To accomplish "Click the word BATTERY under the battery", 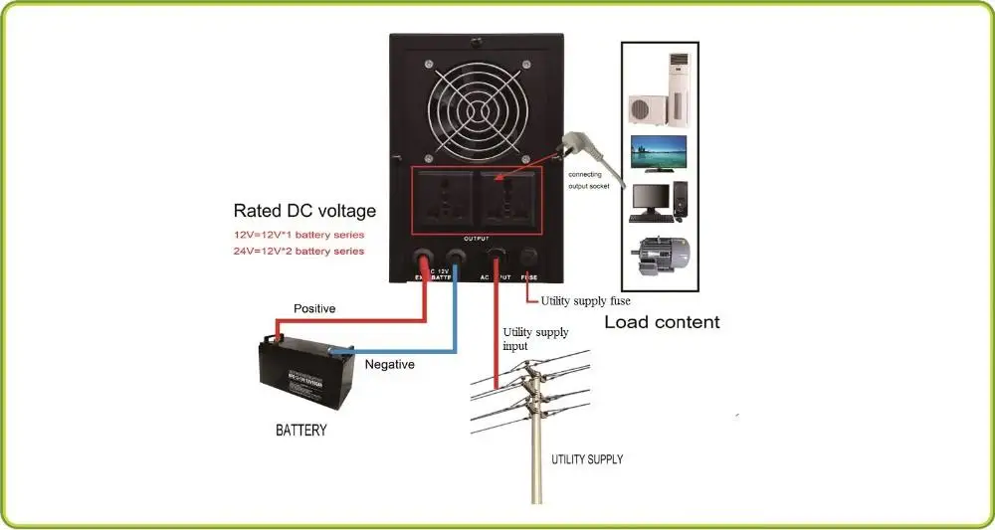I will (300, 431).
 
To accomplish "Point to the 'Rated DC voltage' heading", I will (304, 211).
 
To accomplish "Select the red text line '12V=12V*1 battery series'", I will (298, 235).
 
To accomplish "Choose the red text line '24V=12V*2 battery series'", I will (298, 252).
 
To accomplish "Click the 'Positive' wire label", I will (314, 309).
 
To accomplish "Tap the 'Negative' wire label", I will (390, 365).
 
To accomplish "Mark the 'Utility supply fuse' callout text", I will (585, 300).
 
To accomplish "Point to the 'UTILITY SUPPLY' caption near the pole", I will (587, 459).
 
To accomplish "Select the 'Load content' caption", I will (662, 322).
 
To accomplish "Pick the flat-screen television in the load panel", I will (658, 154).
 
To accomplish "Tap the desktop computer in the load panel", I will (658, 201).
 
